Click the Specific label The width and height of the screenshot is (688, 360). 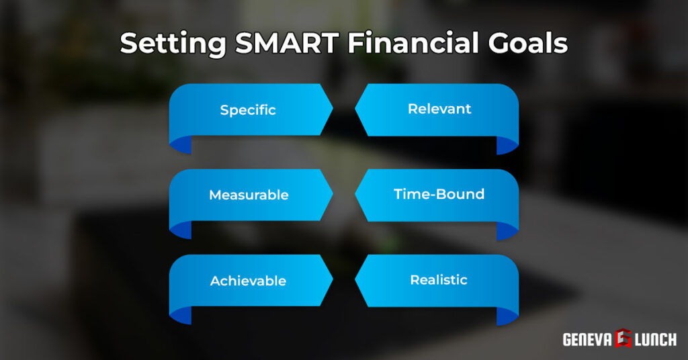(248, 109)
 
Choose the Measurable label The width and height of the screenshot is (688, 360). (249, 195)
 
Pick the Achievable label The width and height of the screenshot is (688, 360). (248, 281)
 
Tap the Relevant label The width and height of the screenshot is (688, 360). (439, 109)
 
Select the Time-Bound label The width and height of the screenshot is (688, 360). (439, 194)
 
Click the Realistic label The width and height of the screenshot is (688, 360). (439, 279)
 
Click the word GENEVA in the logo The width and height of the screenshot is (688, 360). (586, 340)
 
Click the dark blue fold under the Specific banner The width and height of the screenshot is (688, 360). (181, 144)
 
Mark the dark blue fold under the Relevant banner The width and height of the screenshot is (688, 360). (507, 144)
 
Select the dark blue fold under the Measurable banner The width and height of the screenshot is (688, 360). (181, 229)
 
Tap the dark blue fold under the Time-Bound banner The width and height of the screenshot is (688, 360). (507, 230)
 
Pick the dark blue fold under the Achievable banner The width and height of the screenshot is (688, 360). (181, 315)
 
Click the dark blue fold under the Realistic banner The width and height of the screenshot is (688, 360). (507, 315)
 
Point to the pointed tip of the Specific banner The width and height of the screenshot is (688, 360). (331, 109)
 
